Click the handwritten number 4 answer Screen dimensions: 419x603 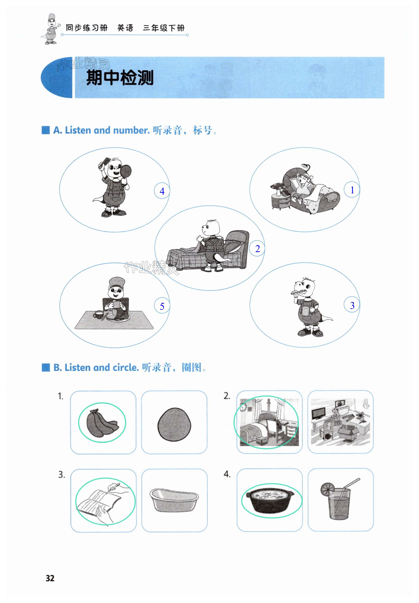[x=162, y=191]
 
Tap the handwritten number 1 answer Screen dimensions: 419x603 [x=352, y=190]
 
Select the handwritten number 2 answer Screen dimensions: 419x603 [x=257, y=248]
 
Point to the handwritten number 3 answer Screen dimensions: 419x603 [x=352, y=305]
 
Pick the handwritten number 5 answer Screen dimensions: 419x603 [x=162, y=306]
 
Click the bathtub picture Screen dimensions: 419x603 [x=174, y=500]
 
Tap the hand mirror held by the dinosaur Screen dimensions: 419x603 [x=126, y=171]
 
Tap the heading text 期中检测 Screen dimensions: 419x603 [x=120, y=78]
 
